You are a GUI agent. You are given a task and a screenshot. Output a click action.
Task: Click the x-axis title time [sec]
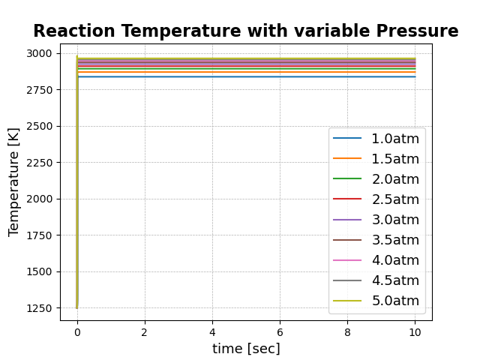coord(246,349)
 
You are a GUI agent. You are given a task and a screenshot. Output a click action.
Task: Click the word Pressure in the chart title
coord(418,31)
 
